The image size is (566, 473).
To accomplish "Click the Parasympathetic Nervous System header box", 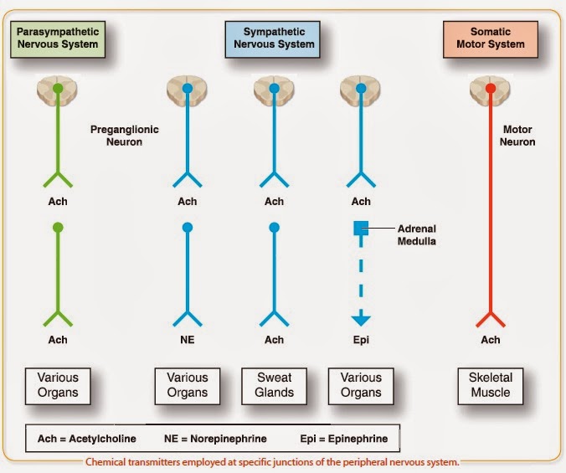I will tap(58, 38).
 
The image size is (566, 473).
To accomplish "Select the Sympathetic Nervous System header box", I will tap(273, 38).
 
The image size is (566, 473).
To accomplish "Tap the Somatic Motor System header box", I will tap(490, 38).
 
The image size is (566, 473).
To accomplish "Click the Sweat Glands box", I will tap(274, 384).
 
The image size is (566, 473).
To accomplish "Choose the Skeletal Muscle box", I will tap(491, 384).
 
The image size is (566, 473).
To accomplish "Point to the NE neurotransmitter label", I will tap(188, 340).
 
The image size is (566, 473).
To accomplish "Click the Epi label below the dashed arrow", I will tap(361, 340).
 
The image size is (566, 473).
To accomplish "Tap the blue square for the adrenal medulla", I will tap(361, 228).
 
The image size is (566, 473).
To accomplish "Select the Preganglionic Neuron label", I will tap(124, 136).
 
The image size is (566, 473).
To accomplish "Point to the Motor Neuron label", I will tap(518, 136).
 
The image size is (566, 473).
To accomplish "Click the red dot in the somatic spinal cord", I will tap(491, 87).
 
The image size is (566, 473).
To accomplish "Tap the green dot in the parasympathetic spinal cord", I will tap(58, 87).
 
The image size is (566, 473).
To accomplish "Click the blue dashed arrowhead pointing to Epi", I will tap(361, 319).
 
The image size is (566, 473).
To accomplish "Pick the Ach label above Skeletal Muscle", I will tap(491, 340).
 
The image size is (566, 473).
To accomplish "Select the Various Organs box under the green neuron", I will tap(58, 384).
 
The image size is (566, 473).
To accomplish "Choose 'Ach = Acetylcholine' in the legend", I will tap(86, 438).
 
